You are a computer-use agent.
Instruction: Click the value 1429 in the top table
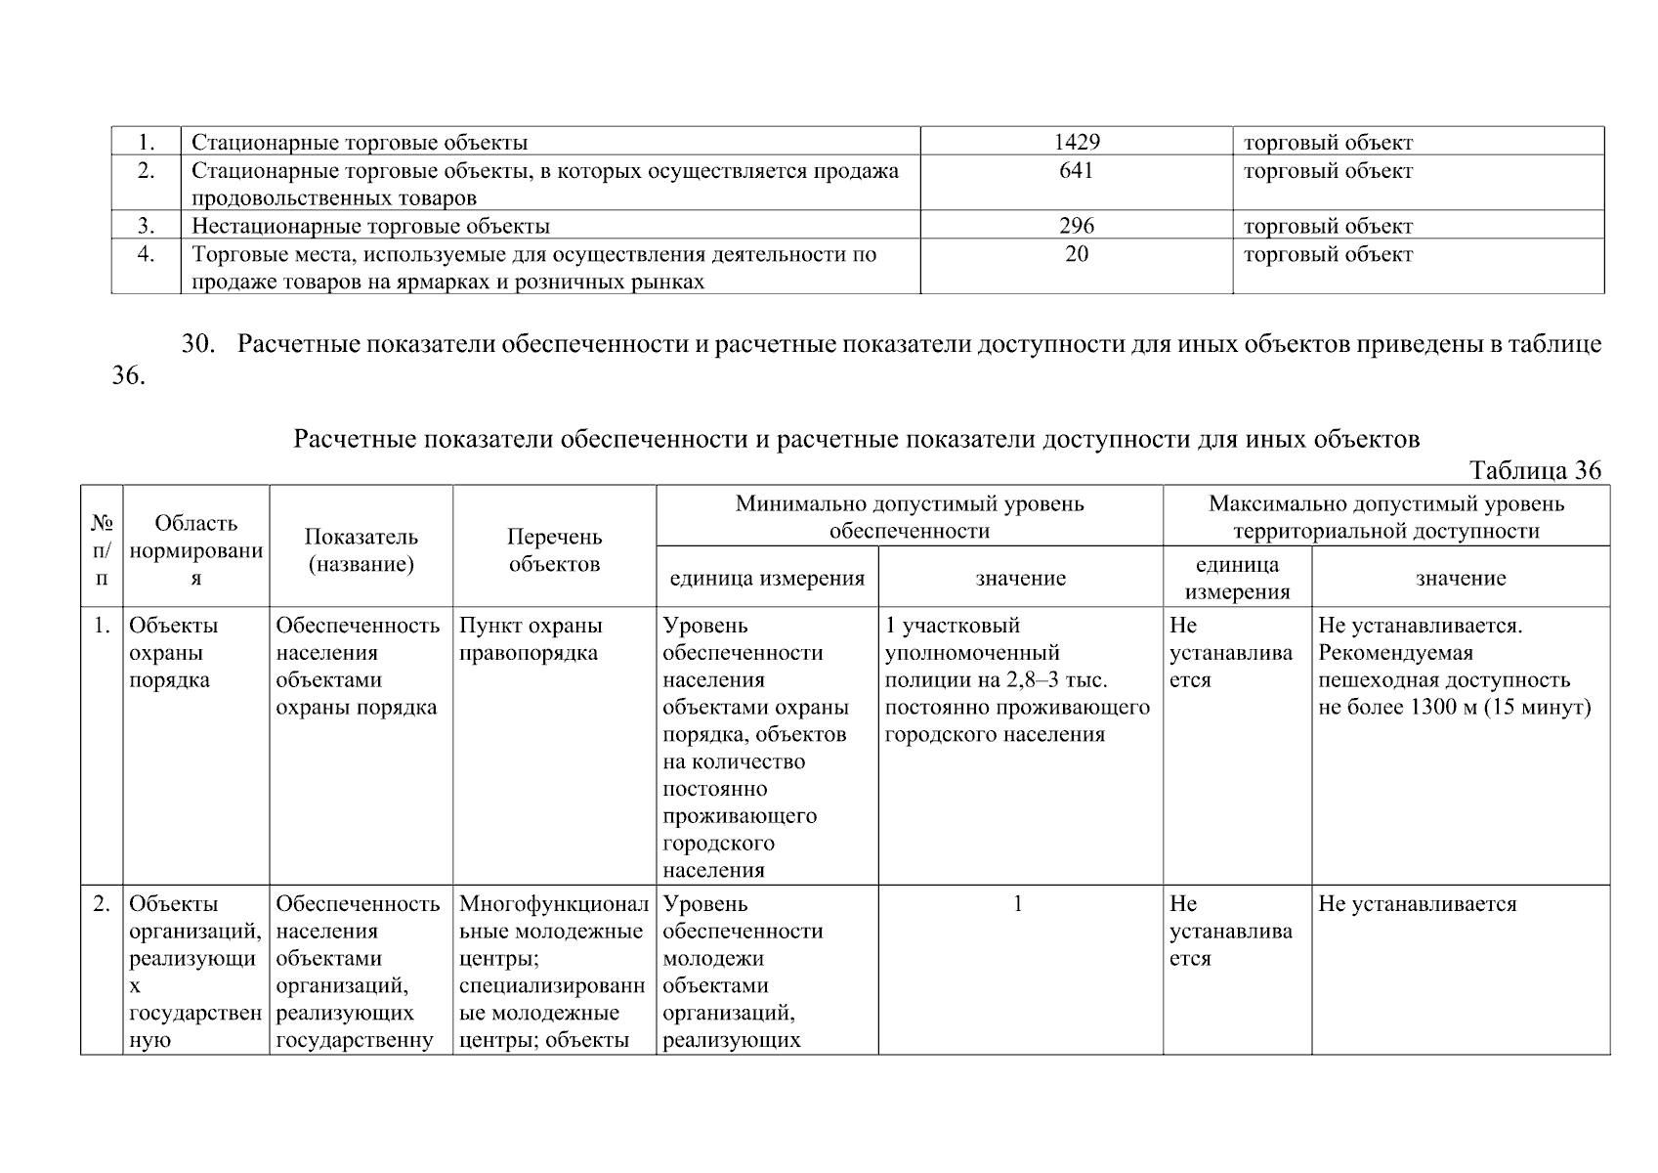tap(1077, 143)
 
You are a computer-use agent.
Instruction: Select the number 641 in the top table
tap(1077, 171)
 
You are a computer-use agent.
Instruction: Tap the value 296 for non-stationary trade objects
tap(1077, 226)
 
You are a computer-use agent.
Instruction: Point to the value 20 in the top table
tap(1077, 254)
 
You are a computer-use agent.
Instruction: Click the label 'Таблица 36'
tap(1536, 471)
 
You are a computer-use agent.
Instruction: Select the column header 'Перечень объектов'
tap(554, 550)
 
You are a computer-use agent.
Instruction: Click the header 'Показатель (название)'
tap(361, 550)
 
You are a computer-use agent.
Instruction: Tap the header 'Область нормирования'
tap(195, 550)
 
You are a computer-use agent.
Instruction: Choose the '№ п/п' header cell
tap(102, 550)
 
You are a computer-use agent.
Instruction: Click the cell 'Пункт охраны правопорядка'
tap(531, 639)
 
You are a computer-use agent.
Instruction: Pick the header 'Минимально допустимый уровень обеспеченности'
tap(909, 517)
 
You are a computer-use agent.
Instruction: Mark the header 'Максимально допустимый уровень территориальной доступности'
tap(1385, 517)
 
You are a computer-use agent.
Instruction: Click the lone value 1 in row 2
tap(1018, 904)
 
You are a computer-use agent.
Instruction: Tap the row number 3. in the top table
tap(146, 226)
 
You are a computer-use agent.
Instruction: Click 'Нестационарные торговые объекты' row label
tap(370, 227)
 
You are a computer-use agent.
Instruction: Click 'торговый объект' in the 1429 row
tap(1328, 143)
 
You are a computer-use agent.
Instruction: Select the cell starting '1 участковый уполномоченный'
tap(1017, 679)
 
